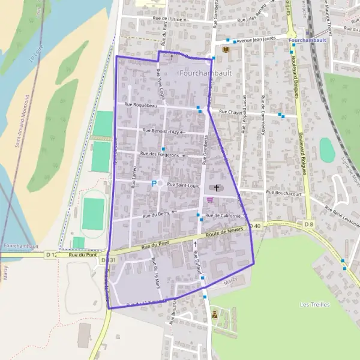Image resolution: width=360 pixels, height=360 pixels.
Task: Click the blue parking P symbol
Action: click(154, 184)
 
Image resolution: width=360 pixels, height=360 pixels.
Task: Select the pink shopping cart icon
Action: click(210, 200)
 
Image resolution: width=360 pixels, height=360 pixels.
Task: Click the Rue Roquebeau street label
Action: click(140, 105)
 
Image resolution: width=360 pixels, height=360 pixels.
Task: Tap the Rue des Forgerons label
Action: click(159, 155)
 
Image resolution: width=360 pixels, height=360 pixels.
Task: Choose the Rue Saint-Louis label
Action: click(182, 185)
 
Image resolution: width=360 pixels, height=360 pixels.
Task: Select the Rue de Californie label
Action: click(223, 215)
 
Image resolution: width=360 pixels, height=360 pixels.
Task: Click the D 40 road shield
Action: click(256, 226)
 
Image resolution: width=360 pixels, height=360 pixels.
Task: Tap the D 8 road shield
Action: click(308, 224)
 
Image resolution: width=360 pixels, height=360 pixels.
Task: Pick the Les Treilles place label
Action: click(314, 305)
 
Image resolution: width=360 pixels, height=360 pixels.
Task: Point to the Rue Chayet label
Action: click(230, 112)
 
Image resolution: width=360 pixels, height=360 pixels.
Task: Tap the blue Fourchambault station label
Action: click(307, 40)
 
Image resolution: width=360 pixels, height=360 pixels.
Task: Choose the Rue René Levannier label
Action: click(343, 217)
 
